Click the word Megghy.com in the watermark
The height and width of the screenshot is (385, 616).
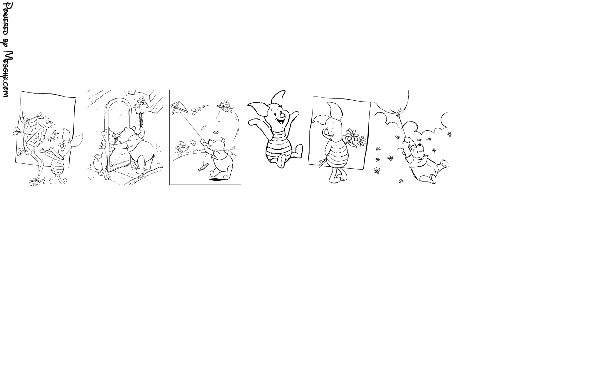coord(7,74)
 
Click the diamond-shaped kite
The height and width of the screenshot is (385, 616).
coord(180,107)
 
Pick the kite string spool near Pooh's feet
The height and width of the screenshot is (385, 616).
coord(203,167)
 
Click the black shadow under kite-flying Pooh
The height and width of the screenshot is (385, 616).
coord(217,180)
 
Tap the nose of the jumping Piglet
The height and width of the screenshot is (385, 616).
coord(282,111)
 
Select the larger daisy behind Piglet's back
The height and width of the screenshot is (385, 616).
coord(351,135)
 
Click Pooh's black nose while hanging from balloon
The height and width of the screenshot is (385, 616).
coord(420,144)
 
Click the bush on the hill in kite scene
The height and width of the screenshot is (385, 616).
coord(182,148)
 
